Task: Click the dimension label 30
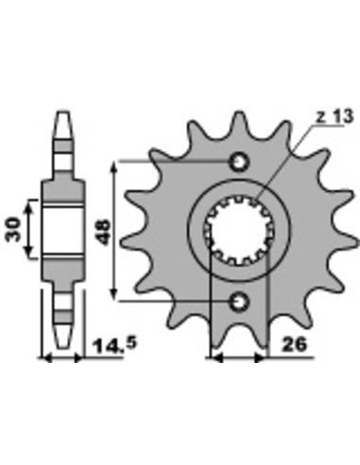[x=12, y=230]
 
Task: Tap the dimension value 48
[x=103, y=232]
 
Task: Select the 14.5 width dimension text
[x=114, y=345]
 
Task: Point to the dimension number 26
[x=294, y=344]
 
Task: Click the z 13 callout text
[x=334, y=116]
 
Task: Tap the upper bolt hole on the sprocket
[x=240, y=162]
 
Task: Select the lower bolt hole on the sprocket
[x=240, y=301]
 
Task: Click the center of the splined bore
[x=239, y=231]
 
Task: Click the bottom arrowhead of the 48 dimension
[x=114, y=294]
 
